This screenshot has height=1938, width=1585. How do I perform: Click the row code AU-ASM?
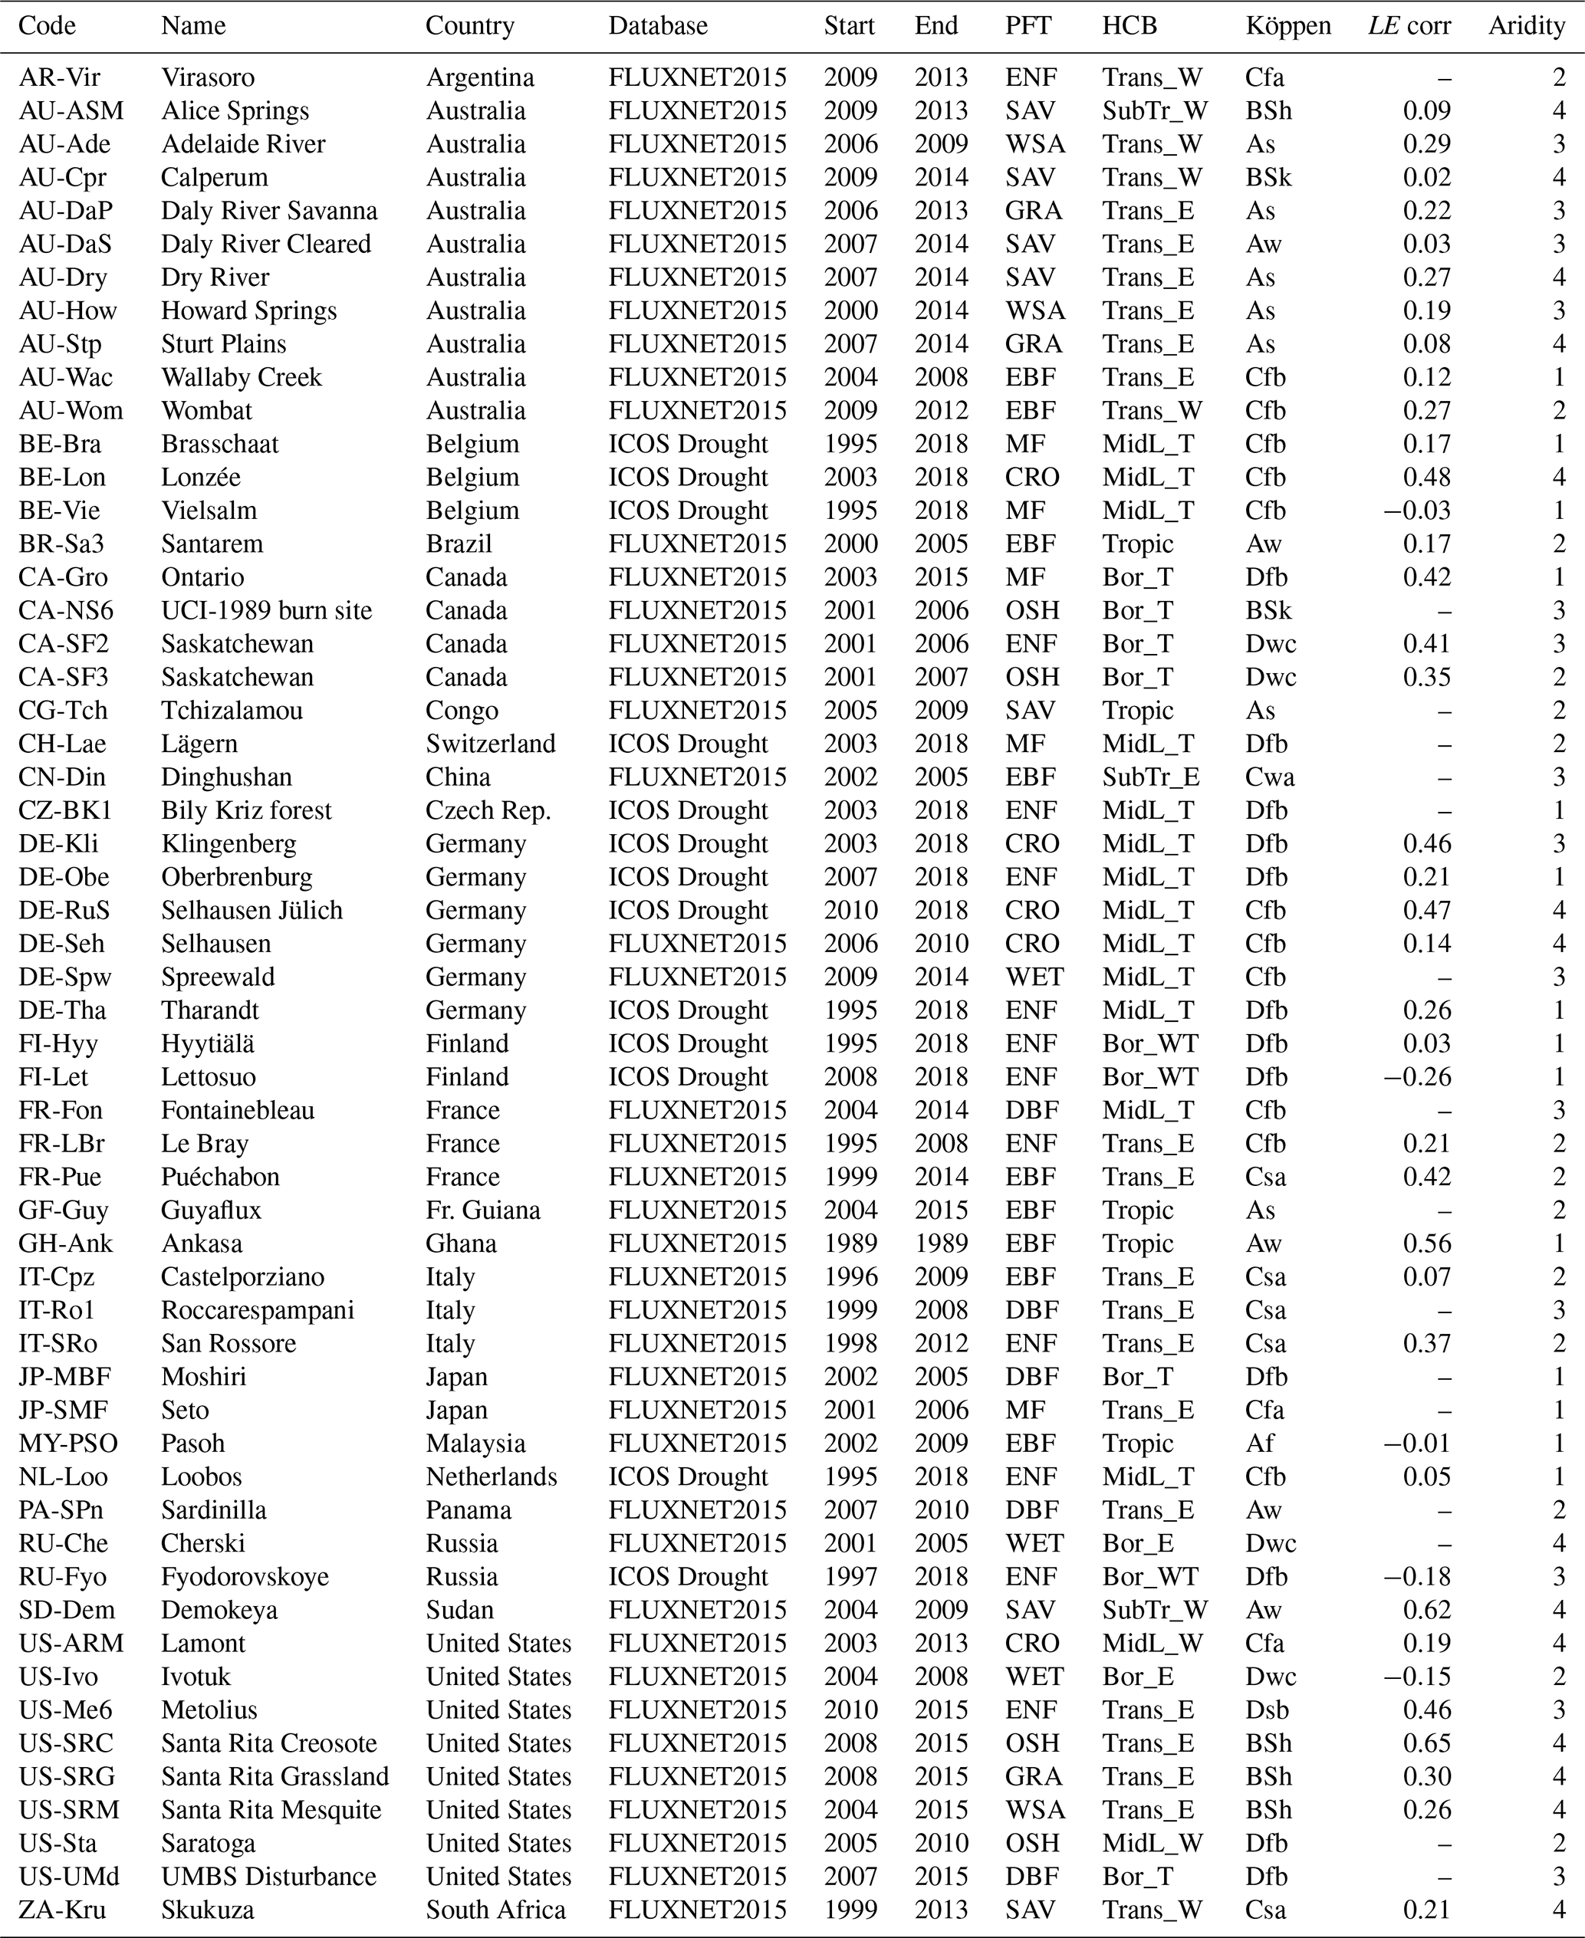click(x=71, y=111)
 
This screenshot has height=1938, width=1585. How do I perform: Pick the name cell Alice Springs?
click(x=235, y=111)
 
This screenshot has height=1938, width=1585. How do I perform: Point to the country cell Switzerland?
click(x=490, y=744)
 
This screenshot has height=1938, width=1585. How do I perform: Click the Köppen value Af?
click(x=1259, y=1444)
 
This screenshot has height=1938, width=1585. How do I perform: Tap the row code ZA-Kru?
click(x=62, y=1910)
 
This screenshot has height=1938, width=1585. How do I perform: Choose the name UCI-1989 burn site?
click(x=267, y=611)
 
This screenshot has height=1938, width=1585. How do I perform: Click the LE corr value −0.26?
click(x=1417, y=1077)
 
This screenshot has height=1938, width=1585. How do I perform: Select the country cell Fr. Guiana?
click(x=483, y=1210)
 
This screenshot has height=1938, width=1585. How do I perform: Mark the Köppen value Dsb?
click(x=1265, y=1710)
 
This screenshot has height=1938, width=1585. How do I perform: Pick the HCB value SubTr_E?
click(x=1150, y=777)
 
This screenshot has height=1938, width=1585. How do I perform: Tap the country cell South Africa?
click(x=496, y=1910)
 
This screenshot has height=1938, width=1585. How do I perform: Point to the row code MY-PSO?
click(x=67, y=1444)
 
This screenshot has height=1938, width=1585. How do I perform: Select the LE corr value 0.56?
click(x=1427, y=1243)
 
